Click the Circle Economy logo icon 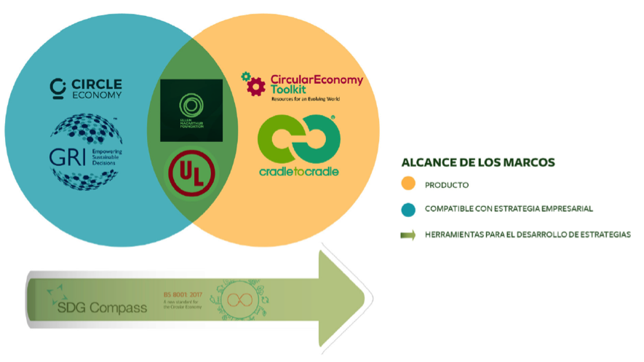57,87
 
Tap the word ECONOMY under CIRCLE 96,95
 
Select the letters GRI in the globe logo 68,157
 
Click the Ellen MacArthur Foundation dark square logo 191,110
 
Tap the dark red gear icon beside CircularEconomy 253,84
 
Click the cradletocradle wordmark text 299,172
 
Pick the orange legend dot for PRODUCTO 409,185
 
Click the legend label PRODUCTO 448,185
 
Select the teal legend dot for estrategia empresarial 409,209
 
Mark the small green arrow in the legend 409,234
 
